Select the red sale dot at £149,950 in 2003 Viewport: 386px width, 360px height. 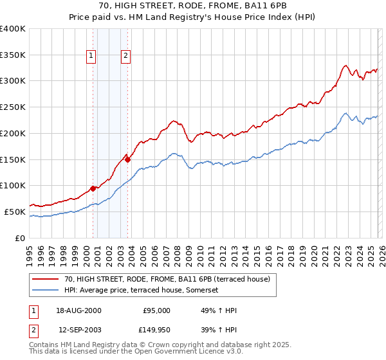128,159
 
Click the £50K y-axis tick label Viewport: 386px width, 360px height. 15,212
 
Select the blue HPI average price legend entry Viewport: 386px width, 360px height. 142,290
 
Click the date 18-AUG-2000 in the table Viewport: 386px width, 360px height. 79,310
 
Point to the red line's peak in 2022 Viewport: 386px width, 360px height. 345,65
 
